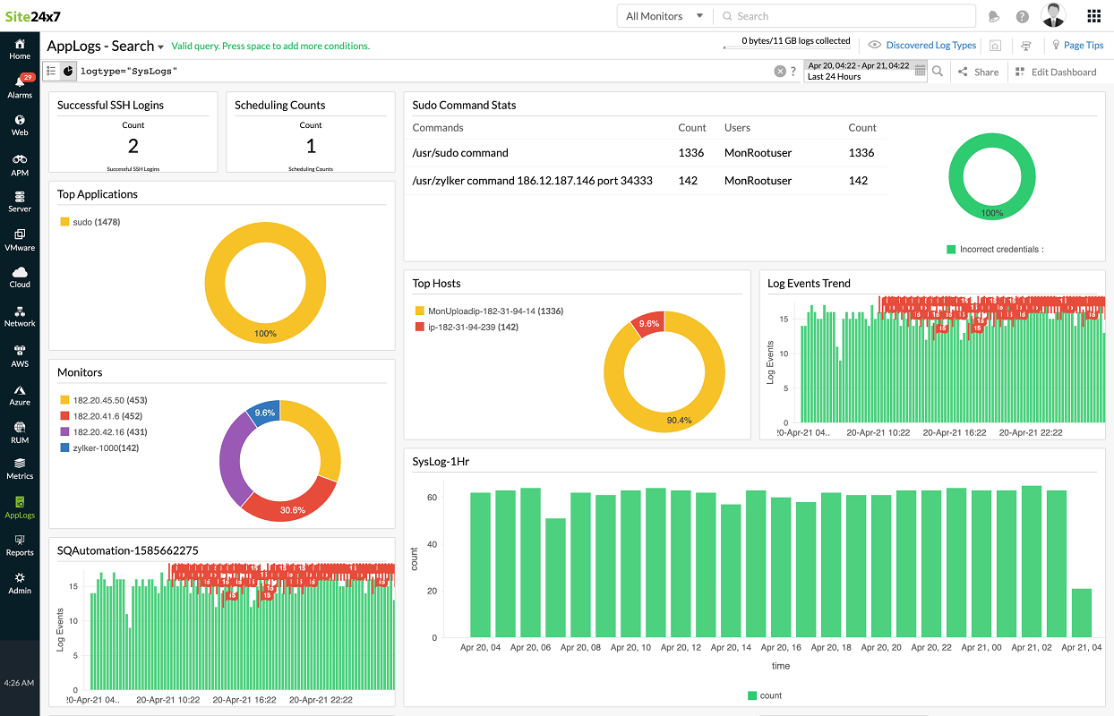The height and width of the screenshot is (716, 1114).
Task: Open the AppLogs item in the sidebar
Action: coord(20,507)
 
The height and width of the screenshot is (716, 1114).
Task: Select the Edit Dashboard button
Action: coord(1057,72)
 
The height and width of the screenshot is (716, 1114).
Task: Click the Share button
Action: coord(978,72)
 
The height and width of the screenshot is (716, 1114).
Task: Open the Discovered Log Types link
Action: coord(930,45)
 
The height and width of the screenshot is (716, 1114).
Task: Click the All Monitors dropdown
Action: coord(664,16)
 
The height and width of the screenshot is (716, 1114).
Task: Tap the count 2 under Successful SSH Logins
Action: coord(133,147)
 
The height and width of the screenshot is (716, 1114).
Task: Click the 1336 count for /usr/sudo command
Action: coord(690,153)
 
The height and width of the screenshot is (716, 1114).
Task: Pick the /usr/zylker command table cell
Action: coord(532,181)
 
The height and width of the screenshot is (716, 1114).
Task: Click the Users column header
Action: coord(737,128)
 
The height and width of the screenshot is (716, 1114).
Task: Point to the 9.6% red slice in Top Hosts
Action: coord(648,324)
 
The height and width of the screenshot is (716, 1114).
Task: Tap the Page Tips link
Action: coord(1082,45)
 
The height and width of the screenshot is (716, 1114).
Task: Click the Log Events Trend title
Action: coord(809,284)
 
